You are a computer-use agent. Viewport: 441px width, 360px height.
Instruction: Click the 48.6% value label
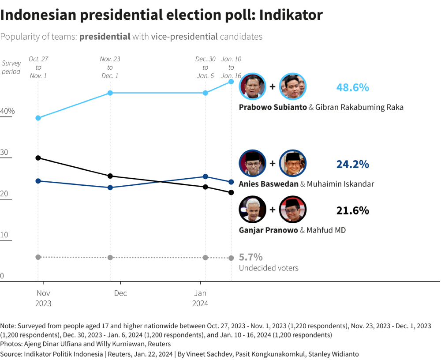[352, 87]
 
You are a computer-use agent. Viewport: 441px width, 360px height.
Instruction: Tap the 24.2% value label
[352, 164]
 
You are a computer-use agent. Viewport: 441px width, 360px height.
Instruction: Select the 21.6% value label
[352, 210]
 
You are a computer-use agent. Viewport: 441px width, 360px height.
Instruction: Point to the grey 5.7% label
[251, 257]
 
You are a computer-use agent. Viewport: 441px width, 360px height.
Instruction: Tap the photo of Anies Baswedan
[252, 163]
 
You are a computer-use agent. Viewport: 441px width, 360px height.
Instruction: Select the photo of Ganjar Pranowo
[252, 210]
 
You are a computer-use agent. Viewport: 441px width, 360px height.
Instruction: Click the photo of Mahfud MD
[292, 210]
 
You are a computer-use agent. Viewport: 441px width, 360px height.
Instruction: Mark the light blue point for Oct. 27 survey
[38, 118]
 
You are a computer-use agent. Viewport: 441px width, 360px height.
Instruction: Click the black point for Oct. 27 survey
[38, 157]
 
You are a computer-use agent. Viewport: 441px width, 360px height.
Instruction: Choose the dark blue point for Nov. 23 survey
[110, 187]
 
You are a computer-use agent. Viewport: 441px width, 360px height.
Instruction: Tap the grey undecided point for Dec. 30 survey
[206, 257]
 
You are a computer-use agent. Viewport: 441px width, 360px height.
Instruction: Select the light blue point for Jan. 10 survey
[231, 82]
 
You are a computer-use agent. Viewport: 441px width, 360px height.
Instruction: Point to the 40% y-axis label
[7, 111]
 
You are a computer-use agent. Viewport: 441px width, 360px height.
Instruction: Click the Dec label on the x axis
[120, 293]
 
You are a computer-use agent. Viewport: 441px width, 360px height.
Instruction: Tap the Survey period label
[11, 67]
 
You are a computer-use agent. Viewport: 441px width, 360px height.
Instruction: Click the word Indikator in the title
[291, 15]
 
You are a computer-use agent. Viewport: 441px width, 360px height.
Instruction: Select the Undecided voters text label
[269, 268]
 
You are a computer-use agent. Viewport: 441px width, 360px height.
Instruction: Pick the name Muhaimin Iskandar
[340, 184]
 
